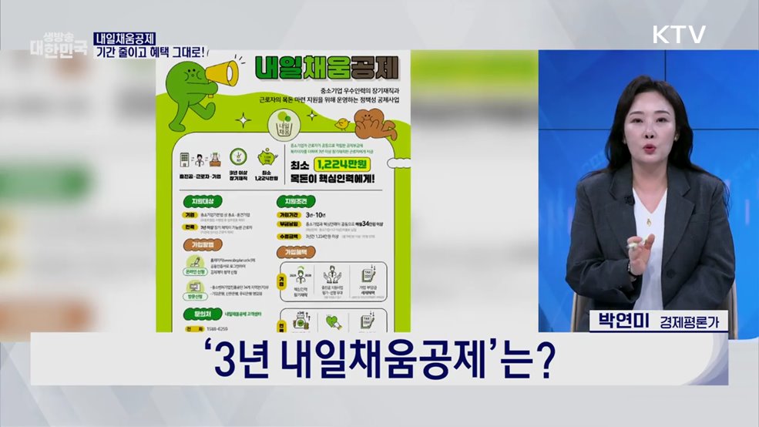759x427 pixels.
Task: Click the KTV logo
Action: (x=679, y=35)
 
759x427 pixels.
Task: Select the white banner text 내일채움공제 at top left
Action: (x=125, y=38)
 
